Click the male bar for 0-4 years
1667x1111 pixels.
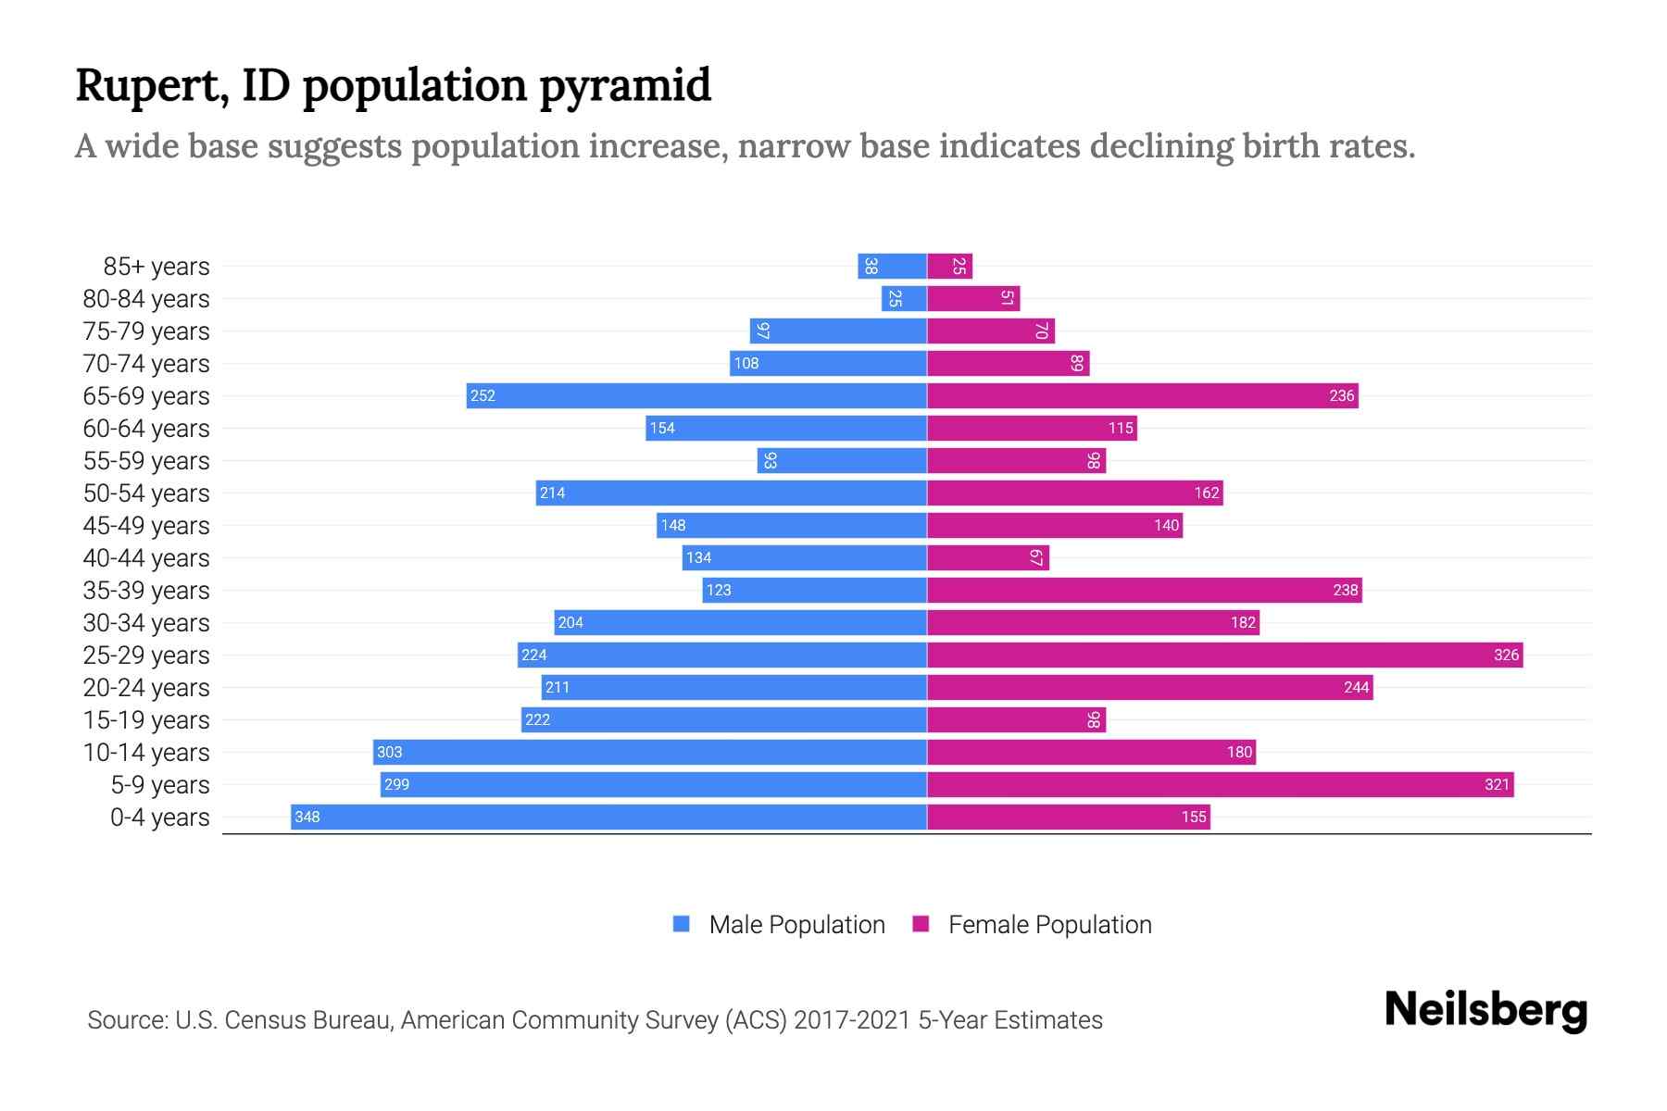click(608, 817)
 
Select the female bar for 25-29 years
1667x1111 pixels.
click(1224, 655)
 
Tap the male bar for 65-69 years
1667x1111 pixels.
click(696, 395)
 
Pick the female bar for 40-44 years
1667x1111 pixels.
click(987, 557)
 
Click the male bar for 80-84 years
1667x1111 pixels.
click(904, 298)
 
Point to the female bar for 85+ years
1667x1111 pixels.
click(949, 266)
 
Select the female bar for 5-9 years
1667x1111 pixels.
click(1220, 784)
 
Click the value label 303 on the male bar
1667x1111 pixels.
click(390, 752)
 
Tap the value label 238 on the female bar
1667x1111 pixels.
click(1345, 590)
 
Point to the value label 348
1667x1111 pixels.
click(307, 817)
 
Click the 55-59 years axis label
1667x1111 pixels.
click(146, 461)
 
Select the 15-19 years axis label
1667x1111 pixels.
click(146, 720)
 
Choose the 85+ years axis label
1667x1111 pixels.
click(157, 267)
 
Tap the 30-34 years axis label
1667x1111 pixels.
click(146, 623)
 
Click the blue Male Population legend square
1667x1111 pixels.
click(682, 924)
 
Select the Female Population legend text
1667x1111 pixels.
click(1049, 924)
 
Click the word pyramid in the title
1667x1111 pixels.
click(625, 85)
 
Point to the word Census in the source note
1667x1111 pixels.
click(262, 1020)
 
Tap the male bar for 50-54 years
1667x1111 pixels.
click(732, 493)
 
